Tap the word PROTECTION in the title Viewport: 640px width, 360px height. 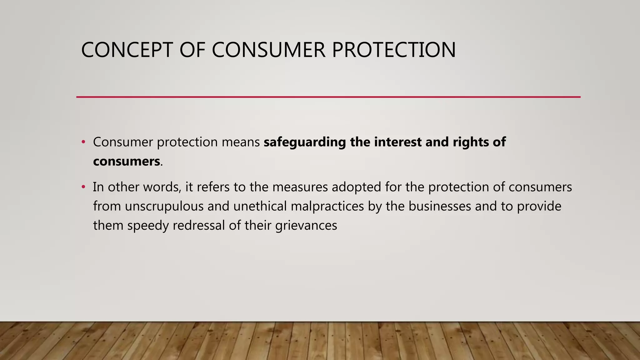393,50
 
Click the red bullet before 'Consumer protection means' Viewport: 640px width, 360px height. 83,142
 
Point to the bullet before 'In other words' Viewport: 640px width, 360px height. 83,187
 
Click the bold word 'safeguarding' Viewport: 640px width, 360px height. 305,142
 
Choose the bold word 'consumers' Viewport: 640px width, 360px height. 127,162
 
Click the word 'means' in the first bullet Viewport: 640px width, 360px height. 241,142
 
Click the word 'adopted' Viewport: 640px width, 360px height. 356,187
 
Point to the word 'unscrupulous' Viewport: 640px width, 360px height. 164,207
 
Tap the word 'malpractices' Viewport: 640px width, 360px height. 327,207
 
